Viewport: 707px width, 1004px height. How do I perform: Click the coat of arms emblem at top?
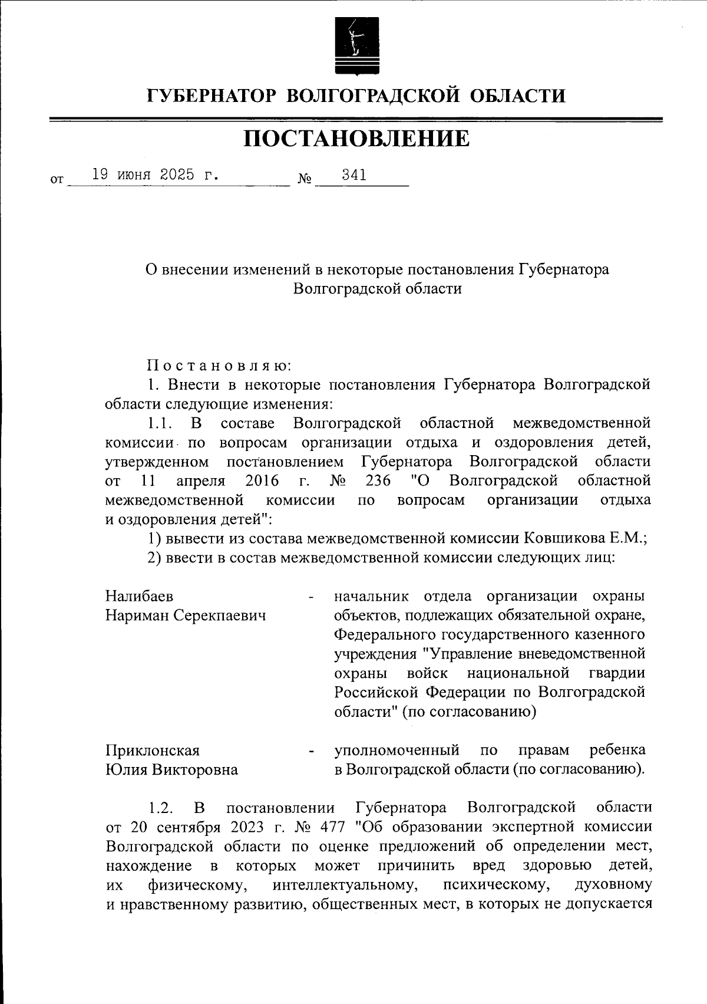353,45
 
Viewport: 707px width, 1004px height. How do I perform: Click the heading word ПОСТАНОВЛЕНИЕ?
356,139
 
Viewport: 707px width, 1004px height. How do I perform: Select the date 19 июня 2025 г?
155,175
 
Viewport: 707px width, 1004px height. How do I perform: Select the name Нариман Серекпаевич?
186,615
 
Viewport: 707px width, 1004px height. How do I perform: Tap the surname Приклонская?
153,750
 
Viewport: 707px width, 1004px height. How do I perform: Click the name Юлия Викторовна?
171,770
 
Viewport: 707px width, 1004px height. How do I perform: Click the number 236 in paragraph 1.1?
378,481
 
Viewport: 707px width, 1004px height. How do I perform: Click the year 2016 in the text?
262,481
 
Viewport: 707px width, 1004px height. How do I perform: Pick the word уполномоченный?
397,750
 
